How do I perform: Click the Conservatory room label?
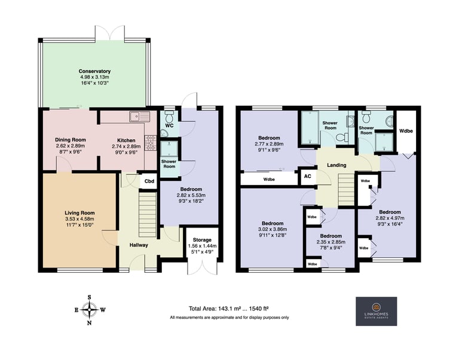coord(94,71)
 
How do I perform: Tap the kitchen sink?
coord(139,116)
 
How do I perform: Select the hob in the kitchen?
coord(151,143)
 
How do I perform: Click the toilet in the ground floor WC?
coord(169,116)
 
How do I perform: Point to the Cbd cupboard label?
coord(149,181)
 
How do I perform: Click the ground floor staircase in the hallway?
coord(147,215)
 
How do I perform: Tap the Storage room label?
coord(202,240)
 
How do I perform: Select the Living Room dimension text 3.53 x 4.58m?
coord(79,219)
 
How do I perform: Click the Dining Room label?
coord(71,140)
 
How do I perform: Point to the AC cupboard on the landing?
coord(308,176)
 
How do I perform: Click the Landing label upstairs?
coord(336,165)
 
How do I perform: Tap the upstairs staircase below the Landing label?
coord(346,190)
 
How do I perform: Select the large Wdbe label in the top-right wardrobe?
coord(406,131)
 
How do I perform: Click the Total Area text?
coord(229,309)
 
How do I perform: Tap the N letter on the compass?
coord(90,323)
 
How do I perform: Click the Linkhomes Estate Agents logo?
coord(376,311)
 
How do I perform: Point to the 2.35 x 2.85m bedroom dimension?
coord(331,242)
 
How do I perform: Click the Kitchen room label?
coord(126,140)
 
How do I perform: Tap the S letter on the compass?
coord(89,297)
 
